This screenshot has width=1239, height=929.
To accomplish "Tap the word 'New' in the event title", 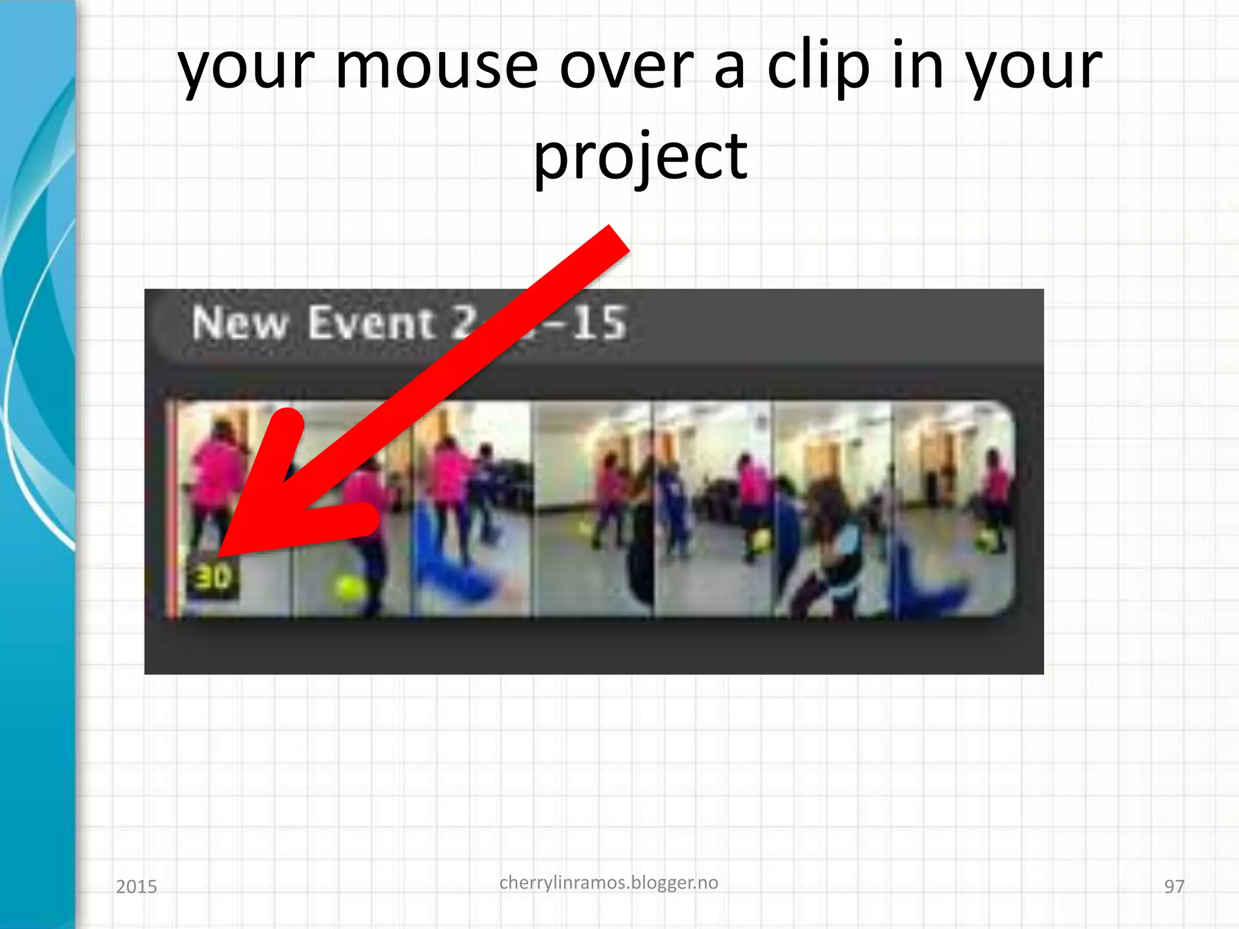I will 240,323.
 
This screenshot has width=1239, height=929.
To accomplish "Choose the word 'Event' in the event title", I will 371,323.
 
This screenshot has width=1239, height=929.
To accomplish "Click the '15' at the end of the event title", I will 599,323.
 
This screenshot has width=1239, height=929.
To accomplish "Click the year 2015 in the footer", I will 136,887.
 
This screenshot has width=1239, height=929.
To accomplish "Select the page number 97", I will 1174,887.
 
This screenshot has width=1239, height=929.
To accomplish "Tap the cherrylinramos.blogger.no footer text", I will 609,882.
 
